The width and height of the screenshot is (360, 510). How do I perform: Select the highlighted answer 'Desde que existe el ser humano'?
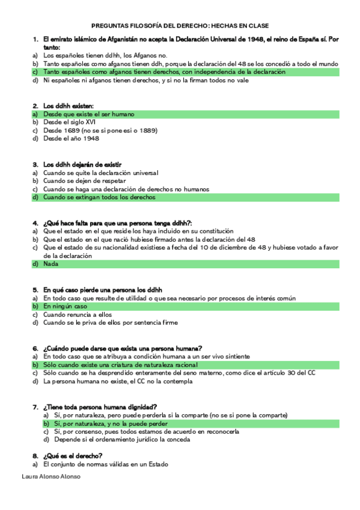click(x=88, y=114)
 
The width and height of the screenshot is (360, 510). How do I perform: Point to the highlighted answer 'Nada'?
click(x=50, y=264)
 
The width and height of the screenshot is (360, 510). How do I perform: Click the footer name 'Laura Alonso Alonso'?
click(x=50, y=476)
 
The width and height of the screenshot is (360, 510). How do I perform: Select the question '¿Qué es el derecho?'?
click(x=72, y=456)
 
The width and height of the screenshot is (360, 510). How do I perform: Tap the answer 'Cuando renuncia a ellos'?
click(x=78, y=314)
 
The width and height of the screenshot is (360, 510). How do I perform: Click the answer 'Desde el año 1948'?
click(x=71, y=138)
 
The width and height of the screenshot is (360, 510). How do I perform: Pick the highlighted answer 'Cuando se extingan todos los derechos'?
click(x=99, y=197)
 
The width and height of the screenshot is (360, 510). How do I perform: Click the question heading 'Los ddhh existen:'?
click(x=68, y=106)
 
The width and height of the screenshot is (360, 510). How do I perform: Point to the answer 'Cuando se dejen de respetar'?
click(x=84, y=180)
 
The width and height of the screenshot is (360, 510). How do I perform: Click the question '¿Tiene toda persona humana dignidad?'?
click(x=100, y=407)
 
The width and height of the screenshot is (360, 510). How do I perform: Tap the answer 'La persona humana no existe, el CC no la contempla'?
click(x=119, y=381)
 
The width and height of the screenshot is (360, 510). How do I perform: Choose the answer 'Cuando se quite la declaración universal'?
click(x=100, y=173)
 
